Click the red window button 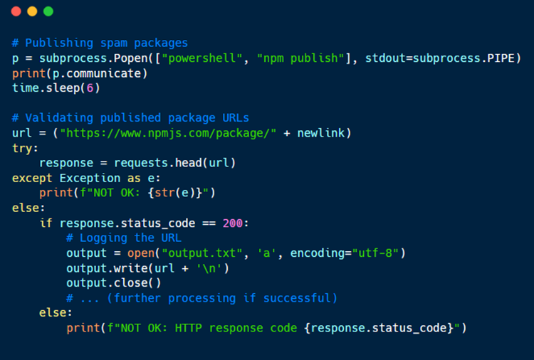coord(16,11)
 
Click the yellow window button coord(32,11)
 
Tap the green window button coord(48,11)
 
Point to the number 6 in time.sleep coord(89,88)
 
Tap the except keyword coord(32,178)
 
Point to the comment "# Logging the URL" coord(123,238)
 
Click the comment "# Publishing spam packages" coord(100,43)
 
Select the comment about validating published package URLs coord(130,118)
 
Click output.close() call coord(114,283)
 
